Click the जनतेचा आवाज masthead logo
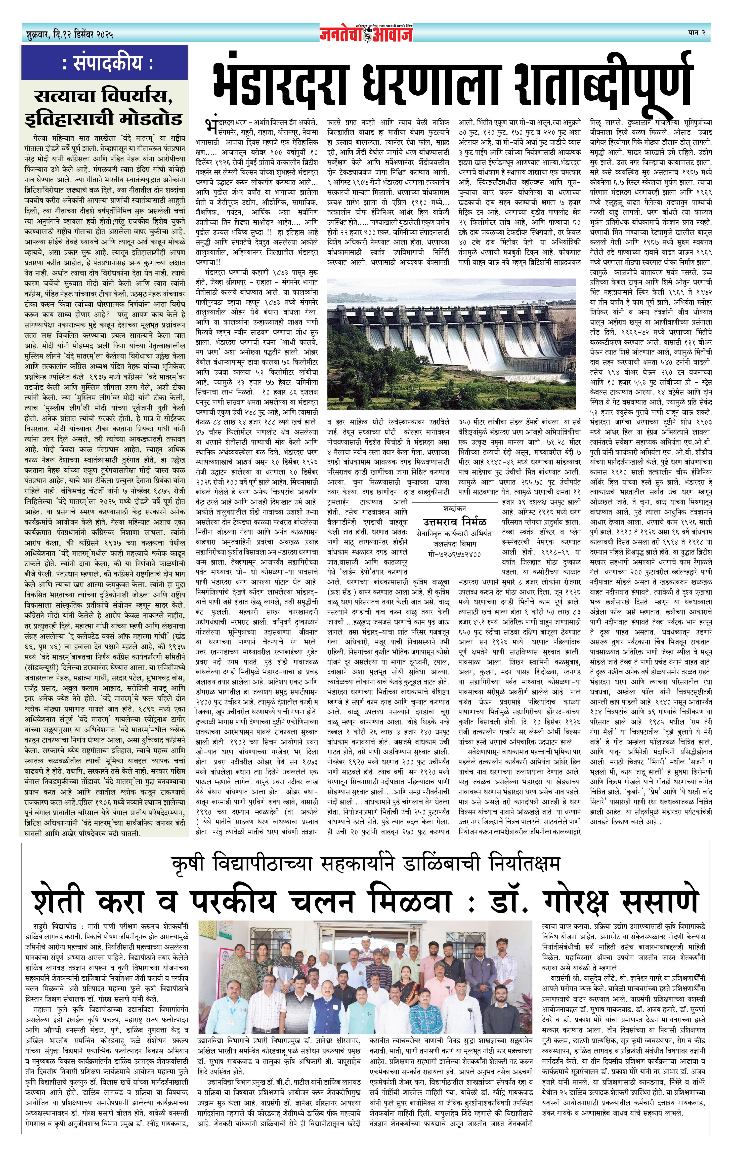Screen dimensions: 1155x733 coord(367,33)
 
